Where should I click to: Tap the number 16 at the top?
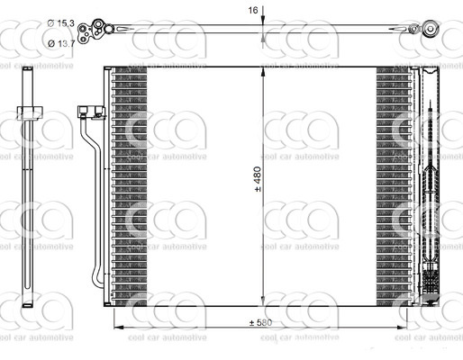[254, 10]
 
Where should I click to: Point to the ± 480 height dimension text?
[257, 181]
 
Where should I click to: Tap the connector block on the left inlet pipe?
[88, 113]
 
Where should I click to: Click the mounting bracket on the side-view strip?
[33, 112]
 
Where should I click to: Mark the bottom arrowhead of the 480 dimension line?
[263, 303]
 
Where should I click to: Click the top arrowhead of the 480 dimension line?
[263, 71]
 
